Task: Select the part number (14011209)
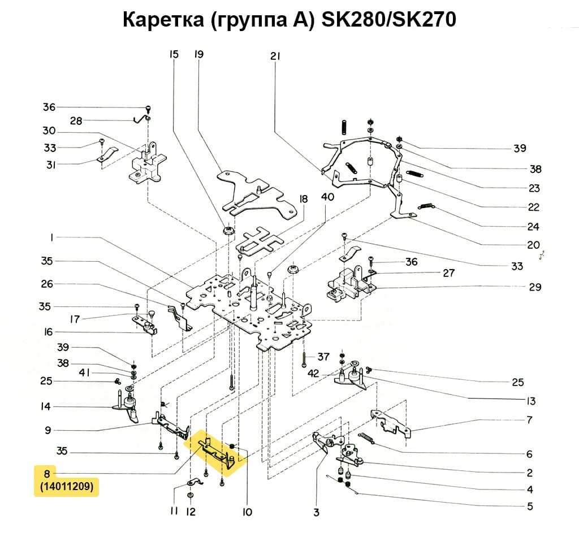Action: [67, 486]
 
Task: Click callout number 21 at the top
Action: [275, 56]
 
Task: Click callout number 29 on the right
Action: [535, 287]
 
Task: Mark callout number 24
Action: [533, 227]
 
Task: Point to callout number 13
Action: [530, 401]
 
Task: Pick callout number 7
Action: [529, 420]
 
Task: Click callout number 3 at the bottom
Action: [316, 512]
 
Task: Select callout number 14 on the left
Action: [46, 406]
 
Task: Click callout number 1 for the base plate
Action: [51, 238]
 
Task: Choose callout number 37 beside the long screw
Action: [323, 357]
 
